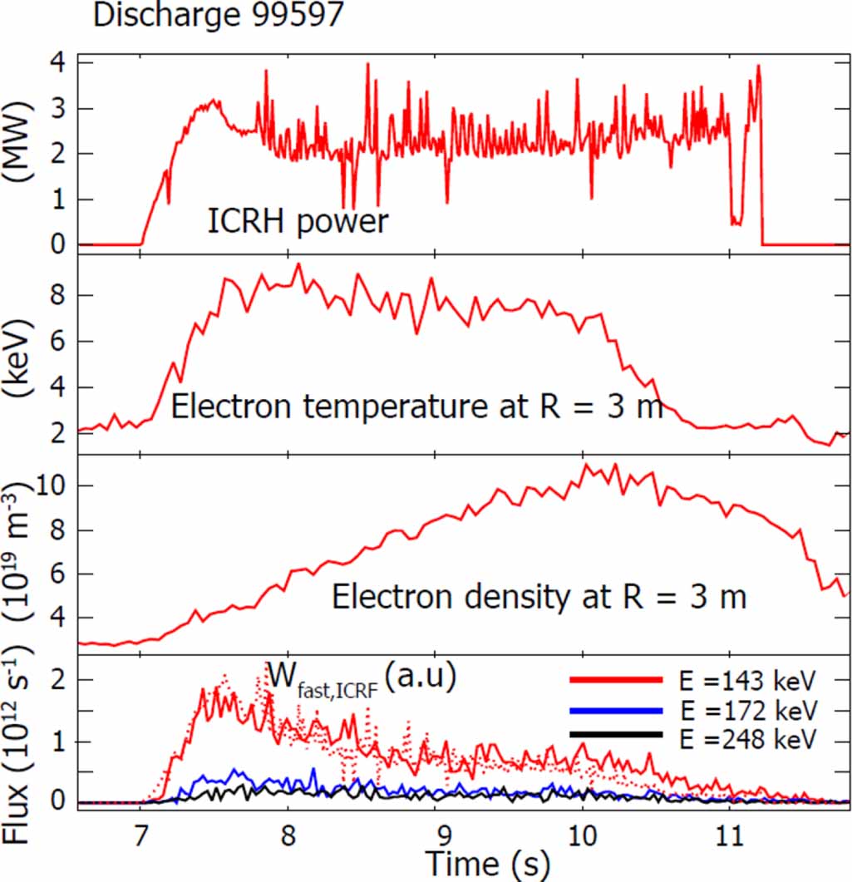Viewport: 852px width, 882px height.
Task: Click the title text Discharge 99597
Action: pos(218,17)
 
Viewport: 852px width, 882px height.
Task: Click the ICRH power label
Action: pos(298,222)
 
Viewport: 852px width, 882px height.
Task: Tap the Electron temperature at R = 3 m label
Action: pos(416,407)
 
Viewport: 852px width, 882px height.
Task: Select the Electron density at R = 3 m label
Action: pos(539,597)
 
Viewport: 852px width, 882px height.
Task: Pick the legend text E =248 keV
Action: pos(747,737)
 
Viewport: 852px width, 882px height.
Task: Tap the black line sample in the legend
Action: pos(616,735)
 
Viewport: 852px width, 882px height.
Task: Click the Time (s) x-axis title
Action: pos(487,864)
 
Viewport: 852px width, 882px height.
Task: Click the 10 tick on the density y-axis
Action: pos(55,485)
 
